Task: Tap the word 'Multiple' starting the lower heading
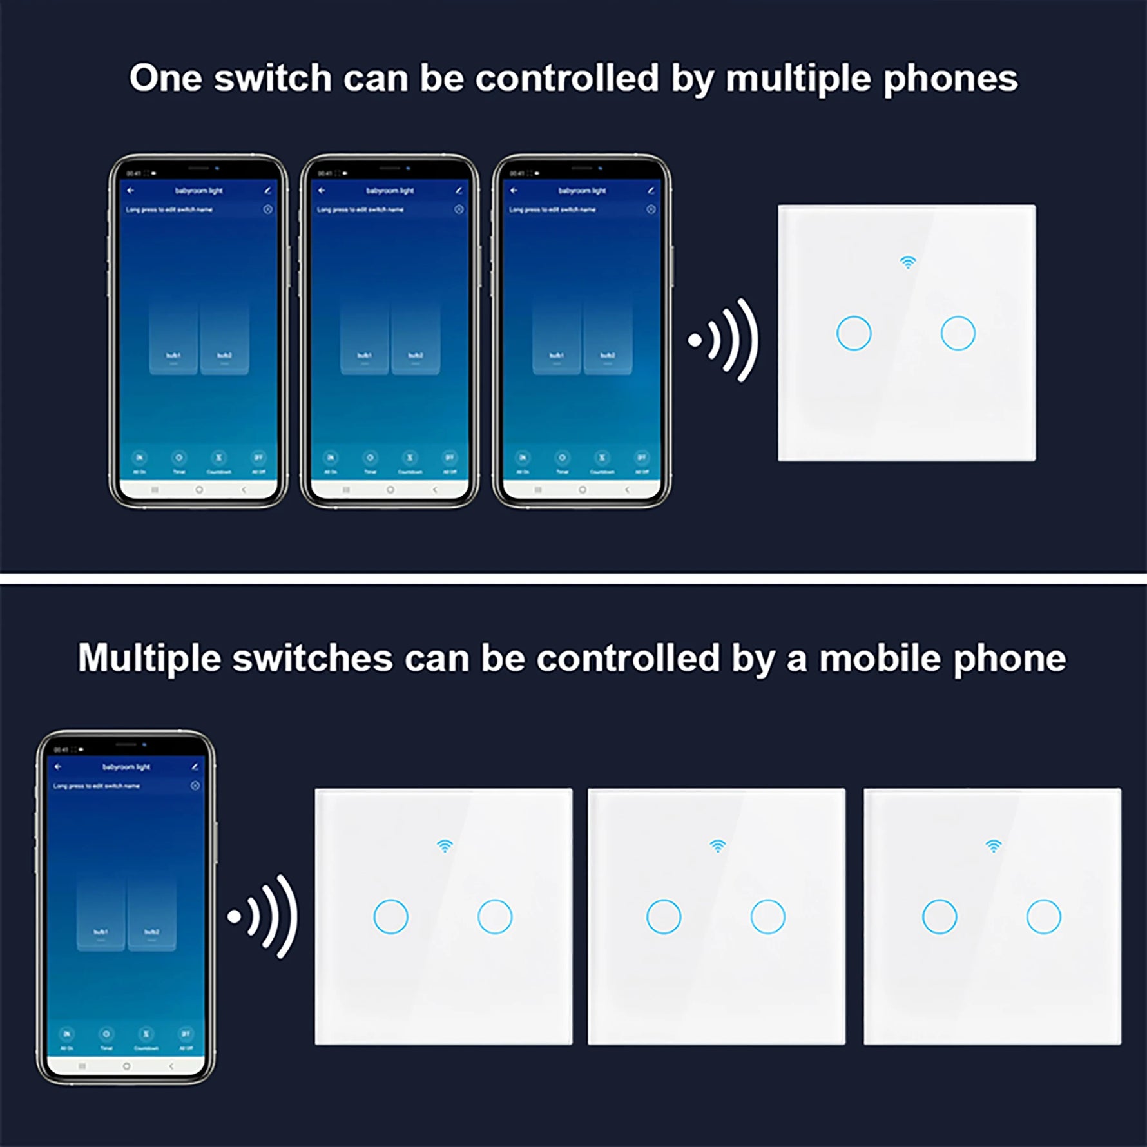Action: pos(149,659)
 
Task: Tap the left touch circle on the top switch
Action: pos(854,333)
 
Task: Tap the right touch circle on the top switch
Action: pos(958,333)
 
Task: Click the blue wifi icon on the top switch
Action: pos(907,262)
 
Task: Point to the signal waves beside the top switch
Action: pos(725,340)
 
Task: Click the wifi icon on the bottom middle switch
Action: pos(717,845)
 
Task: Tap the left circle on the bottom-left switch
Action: pos(390,916)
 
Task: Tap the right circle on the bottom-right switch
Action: pos(1043,916)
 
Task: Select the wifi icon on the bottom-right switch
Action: pos(994,845)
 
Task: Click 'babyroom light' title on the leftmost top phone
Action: pos(198,191)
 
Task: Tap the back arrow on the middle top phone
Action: pos(322,191)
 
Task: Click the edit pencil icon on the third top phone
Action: pos(651,191)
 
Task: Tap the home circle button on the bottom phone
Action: pos(126,1066)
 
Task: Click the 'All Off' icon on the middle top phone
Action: pos(449,459)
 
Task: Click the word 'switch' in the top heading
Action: pos(273,79)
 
